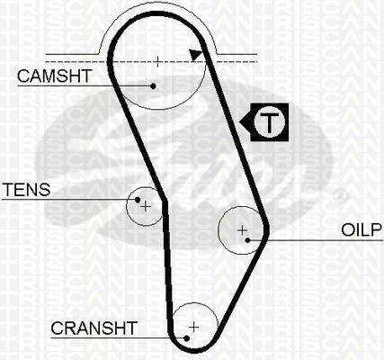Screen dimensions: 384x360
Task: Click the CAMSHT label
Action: coord(54,76)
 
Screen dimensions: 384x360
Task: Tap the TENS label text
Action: coord(26,190)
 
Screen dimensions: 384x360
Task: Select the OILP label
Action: coord(362,229)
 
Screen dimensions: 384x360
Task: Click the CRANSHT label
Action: coord(94,328)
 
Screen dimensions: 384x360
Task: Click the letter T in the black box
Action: coord(269,122)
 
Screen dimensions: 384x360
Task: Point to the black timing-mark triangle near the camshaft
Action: coord(195,54)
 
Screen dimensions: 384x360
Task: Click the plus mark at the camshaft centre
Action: coord(157,61)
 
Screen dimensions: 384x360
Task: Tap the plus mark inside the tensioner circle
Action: coord(146,206)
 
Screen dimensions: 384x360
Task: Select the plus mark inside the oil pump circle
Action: coord(242,230)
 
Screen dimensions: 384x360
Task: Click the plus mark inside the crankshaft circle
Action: coord(194,327)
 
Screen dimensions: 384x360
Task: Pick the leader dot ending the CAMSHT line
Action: coord(153,86)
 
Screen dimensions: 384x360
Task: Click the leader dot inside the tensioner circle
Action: coord(138,200)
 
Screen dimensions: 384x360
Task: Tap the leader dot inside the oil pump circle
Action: coord(247,240)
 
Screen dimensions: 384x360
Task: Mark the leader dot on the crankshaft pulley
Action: coord(186,338)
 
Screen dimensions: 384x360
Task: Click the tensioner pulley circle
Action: coord(127,206)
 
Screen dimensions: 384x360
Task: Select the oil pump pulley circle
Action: coord(219,230)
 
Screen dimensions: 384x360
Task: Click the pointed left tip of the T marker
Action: coord(240,122)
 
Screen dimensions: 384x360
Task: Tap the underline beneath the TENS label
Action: coord(70,199)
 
